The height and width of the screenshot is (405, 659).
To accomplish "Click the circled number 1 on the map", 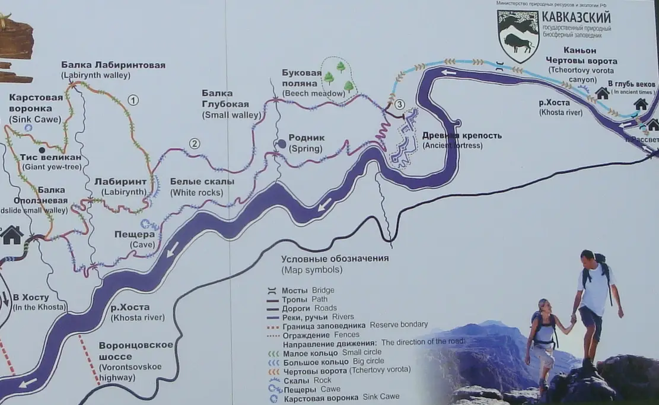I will click(x=133, y=100).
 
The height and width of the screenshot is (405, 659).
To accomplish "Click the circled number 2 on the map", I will click(x=194, y=143).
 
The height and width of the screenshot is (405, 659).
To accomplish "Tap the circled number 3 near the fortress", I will click(x=399, y=104).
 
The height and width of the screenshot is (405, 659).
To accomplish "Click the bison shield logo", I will click(x=518, y=36).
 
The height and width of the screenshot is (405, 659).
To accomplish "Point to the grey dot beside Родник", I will click(x=281, y=143).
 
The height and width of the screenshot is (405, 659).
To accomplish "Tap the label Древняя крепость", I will click(x=461, y=135).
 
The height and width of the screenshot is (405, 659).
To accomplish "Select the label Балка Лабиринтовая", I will click(x=113, y=65).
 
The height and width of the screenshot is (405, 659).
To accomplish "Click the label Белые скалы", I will click(x=202, y=181).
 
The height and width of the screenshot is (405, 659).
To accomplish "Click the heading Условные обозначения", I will click(x=335, y=259).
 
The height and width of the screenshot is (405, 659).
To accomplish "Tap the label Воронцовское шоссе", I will click(x=136, y=351).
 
